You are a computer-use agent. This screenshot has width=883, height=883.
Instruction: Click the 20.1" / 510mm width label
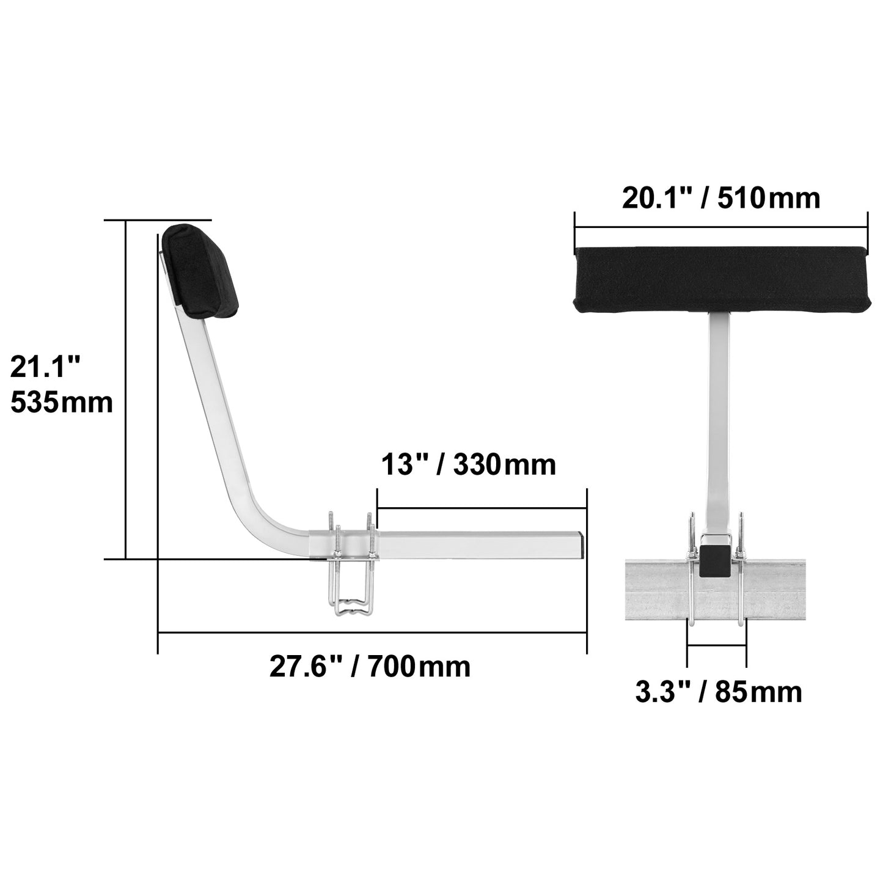(720, 199)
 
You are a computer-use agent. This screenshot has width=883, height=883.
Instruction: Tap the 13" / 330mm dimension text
(469, 464)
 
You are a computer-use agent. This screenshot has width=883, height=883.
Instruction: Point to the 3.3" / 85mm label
(719, 692)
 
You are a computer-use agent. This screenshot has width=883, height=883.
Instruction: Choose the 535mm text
(62, 403)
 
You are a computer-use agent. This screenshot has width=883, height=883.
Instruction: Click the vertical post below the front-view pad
(719, 416)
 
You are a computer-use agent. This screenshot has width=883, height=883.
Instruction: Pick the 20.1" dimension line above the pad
(720, 228)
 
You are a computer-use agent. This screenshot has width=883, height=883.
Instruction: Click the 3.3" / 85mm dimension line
(716, 645)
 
